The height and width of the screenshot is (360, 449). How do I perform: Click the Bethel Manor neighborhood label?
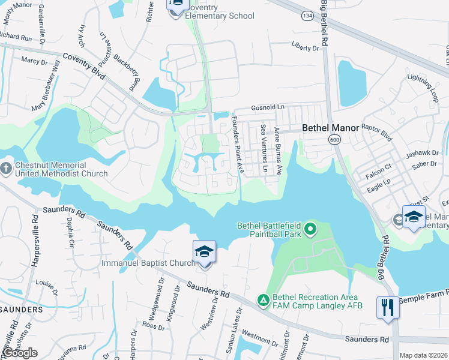tap(330, 128)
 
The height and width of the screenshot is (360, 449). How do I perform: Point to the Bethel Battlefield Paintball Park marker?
tap(310, 229)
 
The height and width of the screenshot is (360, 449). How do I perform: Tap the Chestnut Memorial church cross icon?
tap(7, 166)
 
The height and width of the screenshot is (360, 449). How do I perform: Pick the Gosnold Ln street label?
tap(267, 106)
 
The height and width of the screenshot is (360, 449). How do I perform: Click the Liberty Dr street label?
tap(305, 47)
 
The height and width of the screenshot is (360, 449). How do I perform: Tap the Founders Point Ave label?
tap(238, 144)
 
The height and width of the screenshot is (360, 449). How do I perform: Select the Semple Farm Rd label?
tap(423, 297)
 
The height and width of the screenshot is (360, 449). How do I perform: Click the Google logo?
tap(20, 353)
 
